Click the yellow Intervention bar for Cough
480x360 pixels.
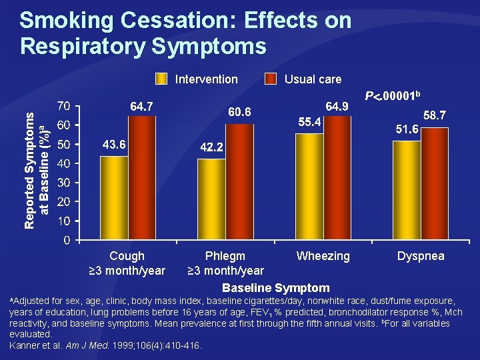(x=113, y=198)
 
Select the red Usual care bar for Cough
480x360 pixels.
(x=141, y=178)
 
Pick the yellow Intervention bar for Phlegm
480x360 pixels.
(x=211, y=199)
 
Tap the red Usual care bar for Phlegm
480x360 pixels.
(x=239, y=182)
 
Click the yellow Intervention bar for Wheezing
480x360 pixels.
(x=309, y=187)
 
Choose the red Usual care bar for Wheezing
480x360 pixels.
(x=337, y=178)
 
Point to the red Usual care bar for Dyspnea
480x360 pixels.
(x=435, y=183)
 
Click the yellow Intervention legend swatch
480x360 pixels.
(x=161, y=79)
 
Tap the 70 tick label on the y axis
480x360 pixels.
(x=65, y=106)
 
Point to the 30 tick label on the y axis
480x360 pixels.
(x=65, y=183)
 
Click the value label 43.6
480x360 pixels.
(x=113, y=145)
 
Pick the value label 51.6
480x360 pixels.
(x=407, y=129)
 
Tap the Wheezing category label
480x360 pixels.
(x=323, y=256)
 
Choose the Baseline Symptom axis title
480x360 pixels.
(x=275, y=288)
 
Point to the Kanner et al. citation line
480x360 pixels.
(x=106, y=345)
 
